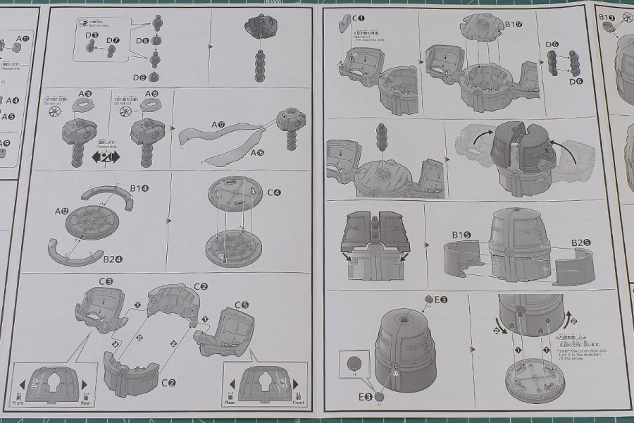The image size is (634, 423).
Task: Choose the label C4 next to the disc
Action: click(273, 192)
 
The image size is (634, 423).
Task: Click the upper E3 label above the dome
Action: click(440, 300)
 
